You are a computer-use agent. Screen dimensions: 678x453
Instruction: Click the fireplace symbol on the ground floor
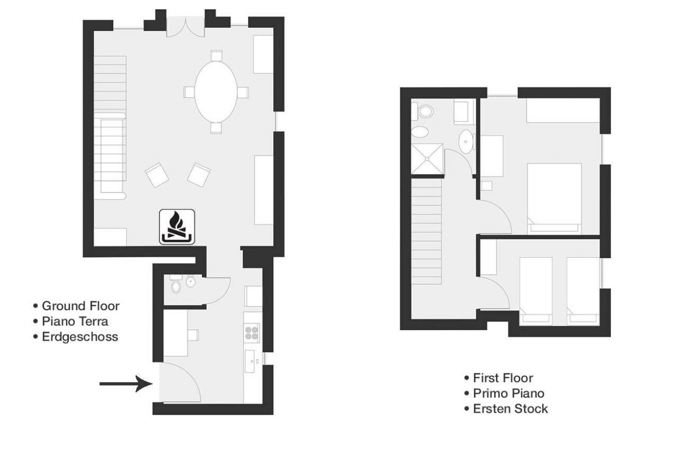pyautogui.click(x=177, y=227)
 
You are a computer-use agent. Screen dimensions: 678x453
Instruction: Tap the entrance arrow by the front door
pyautogui.click(x=126, y=384)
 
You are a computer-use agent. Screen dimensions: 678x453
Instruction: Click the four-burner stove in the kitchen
pyautogui.click(x=252, y=333)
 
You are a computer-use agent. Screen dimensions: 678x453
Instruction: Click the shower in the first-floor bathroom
pyautogui.click(x=427, y=159)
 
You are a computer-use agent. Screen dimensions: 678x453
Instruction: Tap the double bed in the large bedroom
pyautogui.click(x=554, y=199)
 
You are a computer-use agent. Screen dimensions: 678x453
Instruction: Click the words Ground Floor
pyautogui.click(x=81, y=306)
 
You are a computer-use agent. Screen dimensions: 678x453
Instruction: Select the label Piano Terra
pyautogui.click(x=75, y=322)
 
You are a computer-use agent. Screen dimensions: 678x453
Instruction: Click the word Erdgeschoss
pyautogui.click(x=80, y=337)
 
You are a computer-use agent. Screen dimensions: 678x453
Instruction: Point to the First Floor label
pyautogui.click(x=503, y=378)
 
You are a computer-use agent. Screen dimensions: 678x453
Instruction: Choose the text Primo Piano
pyautogui.click(x=509, y=393)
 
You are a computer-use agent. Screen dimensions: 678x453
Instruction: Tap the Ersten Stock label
pyautogui.click(x=510, y=409)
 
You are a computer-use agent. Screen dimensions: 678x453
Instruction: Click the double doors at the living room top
pyautogui.click(x=185, y=28)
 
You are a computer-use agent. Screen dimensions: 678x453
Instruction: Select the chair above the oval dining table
pyautogui.click(x=216, y=56)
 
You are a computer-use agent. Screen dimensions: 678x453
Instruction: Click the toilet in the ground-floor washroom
pyautogui.click(x=175, y=286)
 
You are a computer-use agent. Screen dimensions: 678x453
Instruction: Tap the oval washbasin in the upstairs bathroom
pyautogui.click(x=465, y=141)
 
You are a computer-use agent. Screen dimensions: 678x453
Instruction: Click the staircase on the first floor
pyautogui.click(x=426, y=231)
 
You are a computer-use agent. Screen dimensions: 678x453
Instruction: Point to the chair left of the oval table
pyautogui.click(x=189, y=92)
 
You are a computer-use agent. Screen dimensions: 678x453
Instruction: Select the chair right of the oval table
pyautogui.click(x=243, y=92)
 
